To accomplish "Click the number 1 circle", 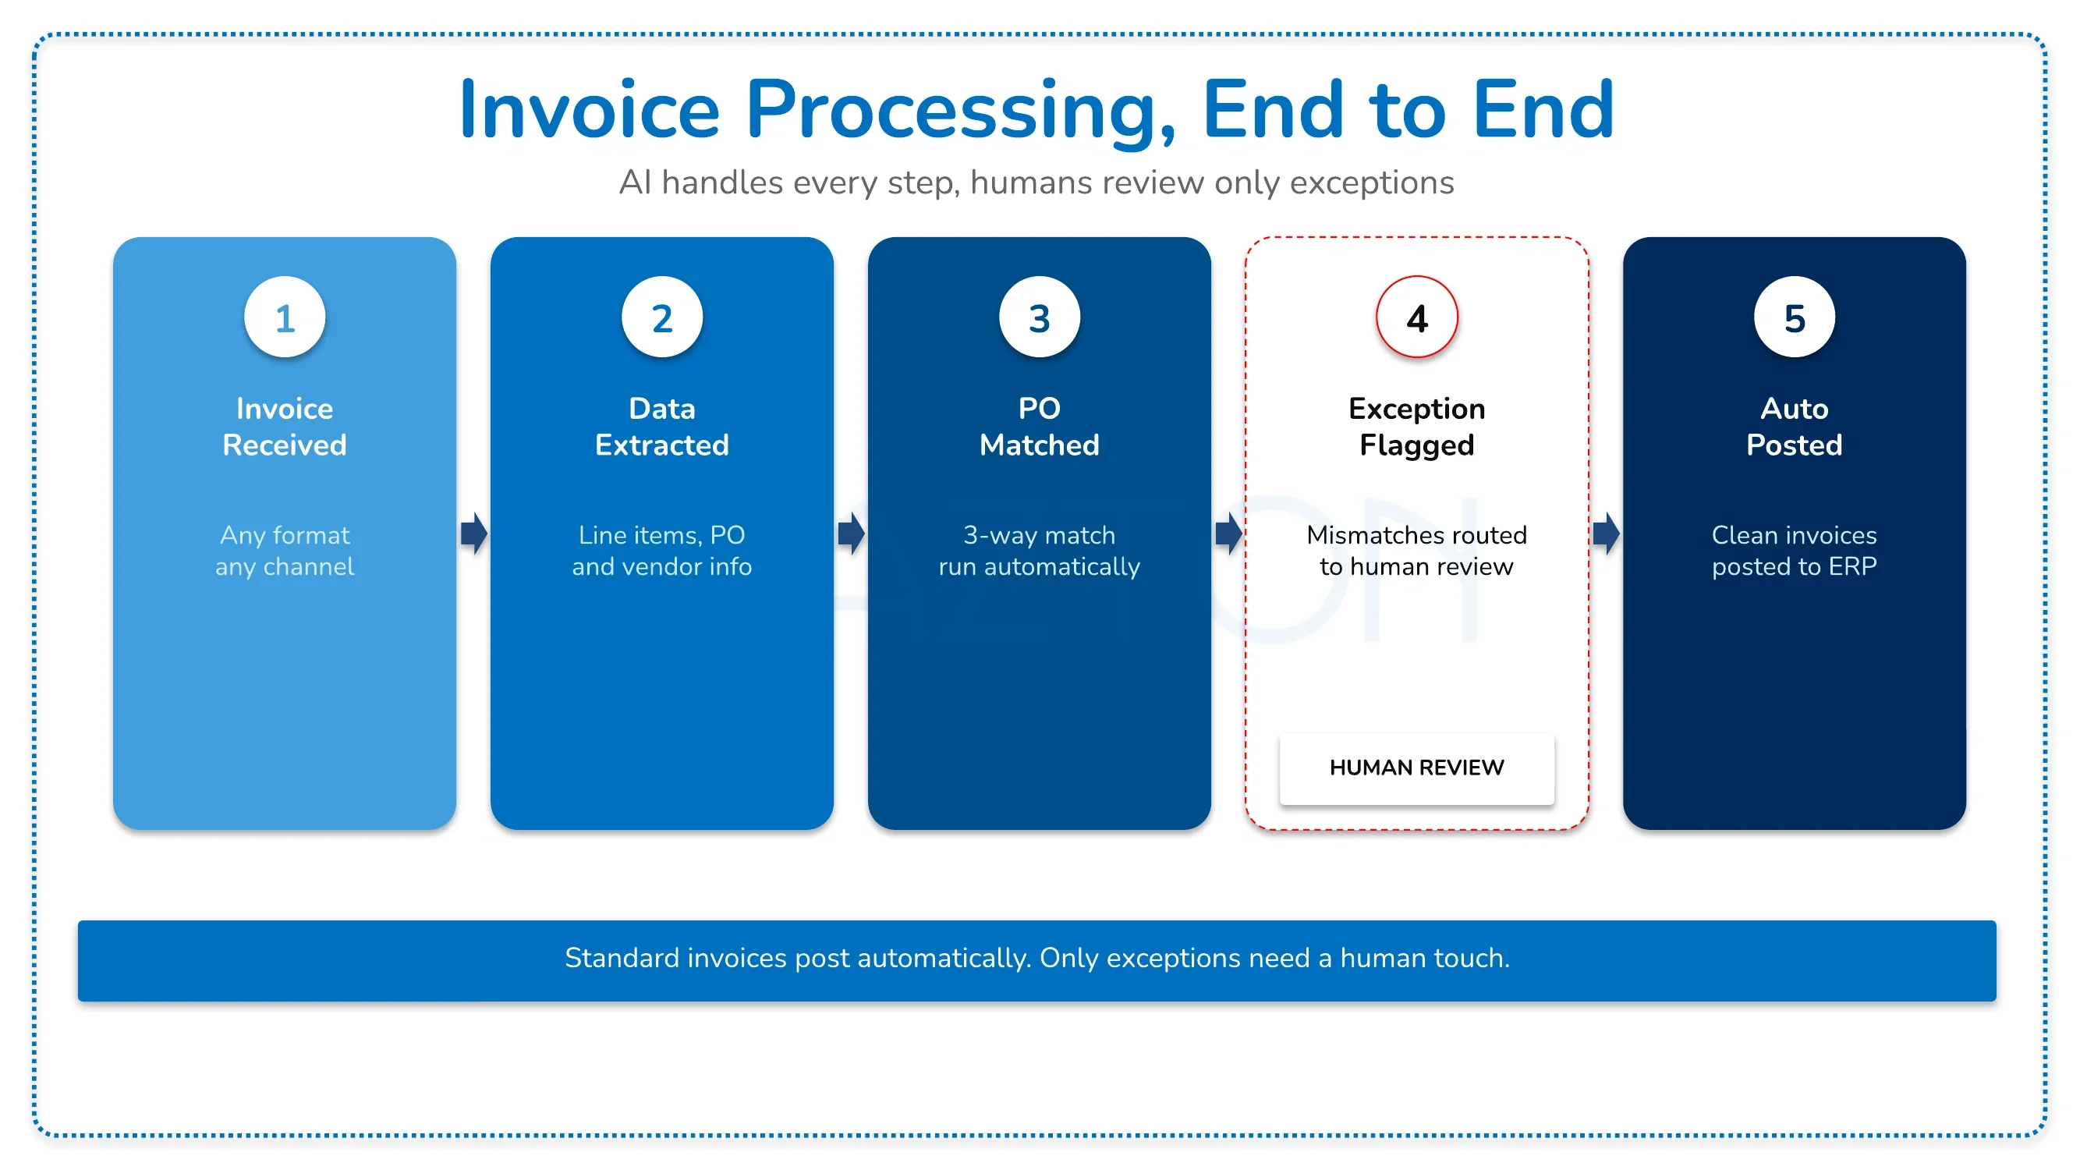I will (284, 317).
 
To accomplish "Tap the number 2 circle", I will (662, 317).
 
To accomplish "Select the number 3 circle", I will (1039, 317).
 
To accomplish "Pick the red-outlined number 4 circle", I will (1417, 317).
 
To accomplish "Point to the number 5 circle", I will (1794, 317).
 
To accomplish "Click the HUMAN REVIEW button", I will (1417, 767).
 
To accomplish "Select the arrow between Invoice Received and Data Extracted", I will (474, 534).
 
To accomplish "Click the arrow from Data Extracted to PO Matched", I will (851, 534).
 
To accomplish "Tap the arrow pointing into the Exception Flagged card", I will (1229, 534).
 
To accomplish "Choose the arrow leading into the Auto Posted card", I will (1606, 534).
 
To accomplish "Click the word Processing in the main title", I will (960, 111).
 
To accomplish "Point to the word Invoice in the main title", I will (589, 111).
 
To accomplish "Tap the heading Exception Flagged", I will (1417, 427).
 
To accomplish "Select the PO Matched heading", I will (1039, 427).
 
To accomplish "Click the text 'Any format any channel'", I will (284, 551).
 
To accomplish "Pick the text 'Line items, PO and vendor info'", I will (662, 551).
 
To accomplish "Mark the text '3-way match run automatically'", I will (1039, 551).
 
